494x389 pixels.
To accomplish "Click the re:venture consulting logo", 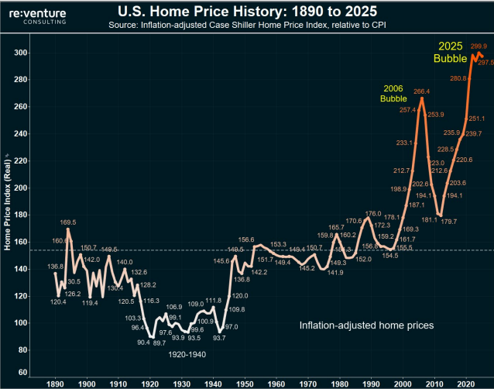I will pyautogui.click(x=38, y=15).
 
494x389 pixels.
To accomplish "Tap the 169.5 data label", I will pyautogui.click(x=68, y=221).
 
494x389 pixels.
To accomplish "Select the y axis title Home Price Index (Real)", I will pyautogui.click(x=8, y=201).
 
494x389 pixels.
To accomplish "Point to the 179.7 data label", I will pyautogui.click(x=450, y=222).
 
